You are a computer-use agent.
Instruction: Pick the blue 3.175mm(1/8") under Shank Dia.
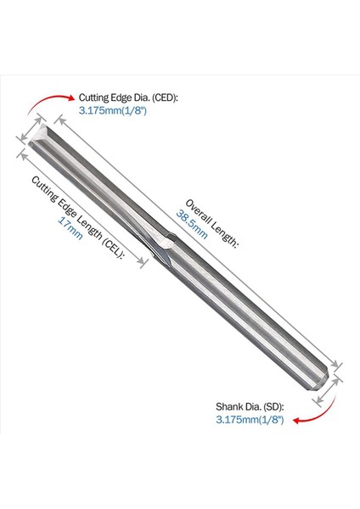point(250,418)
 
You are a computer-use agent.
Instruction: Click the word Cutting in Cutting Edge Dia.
point(96,98)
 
